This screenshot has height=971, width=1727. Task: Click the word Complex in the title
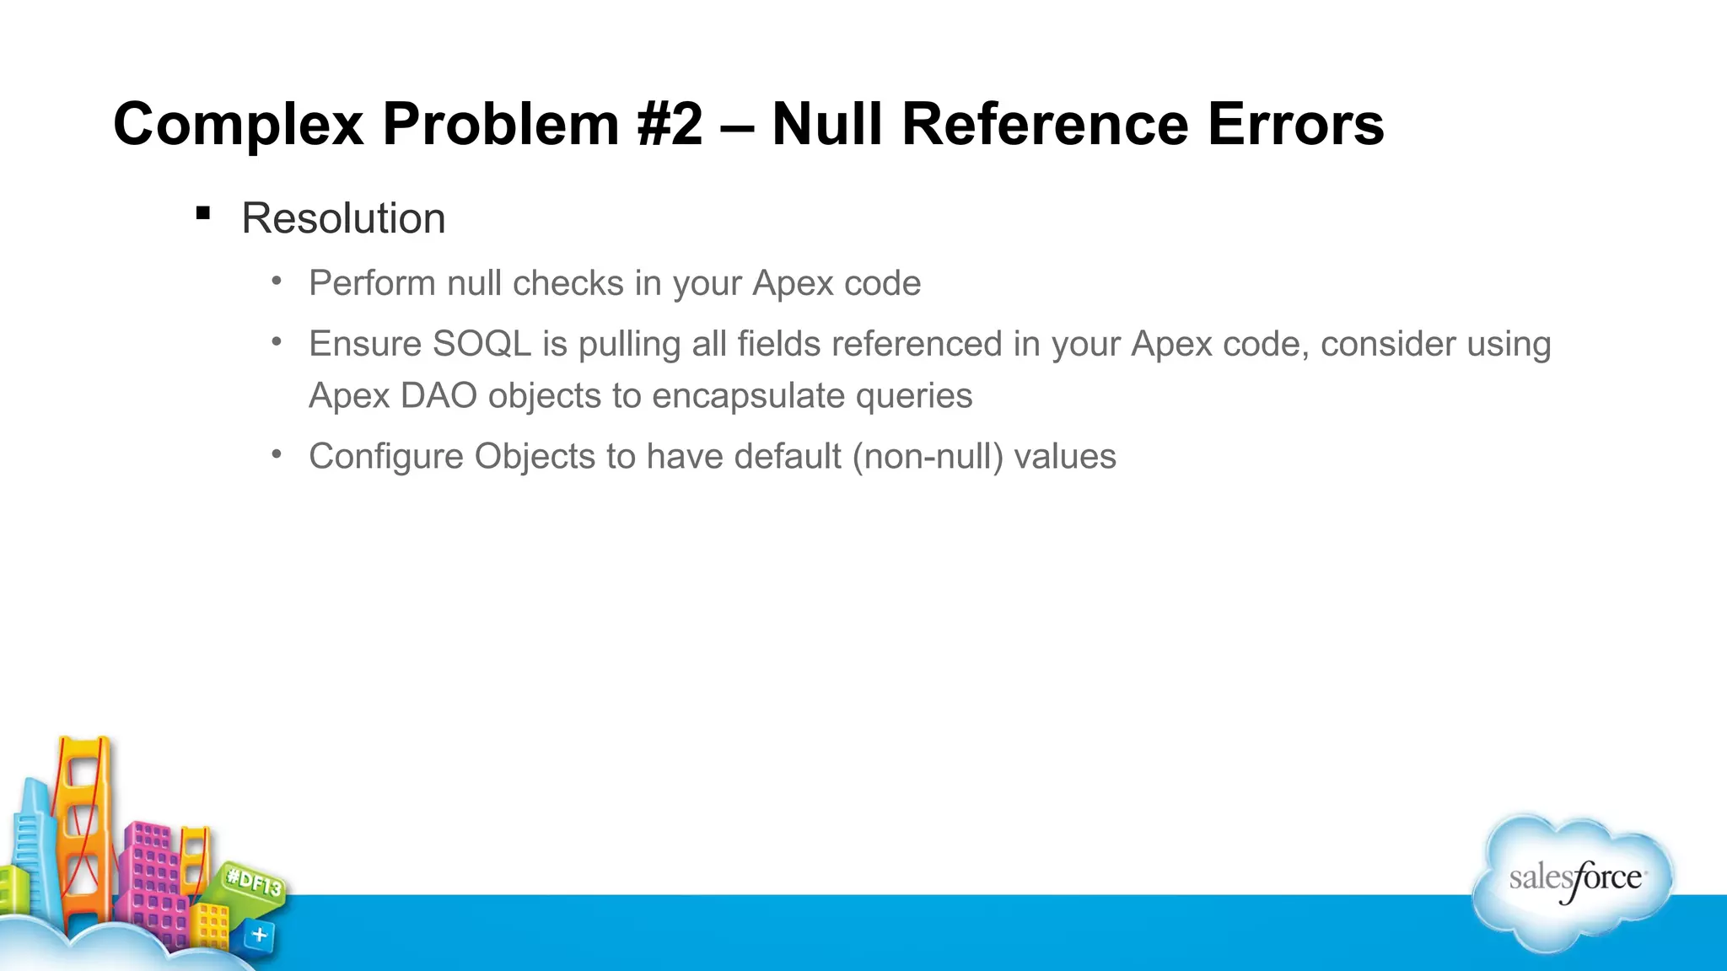(239, 125)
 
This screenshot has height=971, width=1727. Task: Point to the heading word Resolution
(343, 218)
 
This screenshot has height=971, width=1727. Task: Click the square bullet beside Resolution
(202, 213)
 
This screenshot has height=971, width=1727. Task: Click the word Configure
(386, 456)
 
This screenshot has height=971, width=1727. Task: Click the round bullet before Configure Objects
(277, 454)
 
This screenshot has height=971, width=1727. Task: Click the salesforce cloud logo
(1574, 881)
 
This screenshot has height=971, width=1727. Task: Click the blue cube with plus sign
(259, 935)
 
